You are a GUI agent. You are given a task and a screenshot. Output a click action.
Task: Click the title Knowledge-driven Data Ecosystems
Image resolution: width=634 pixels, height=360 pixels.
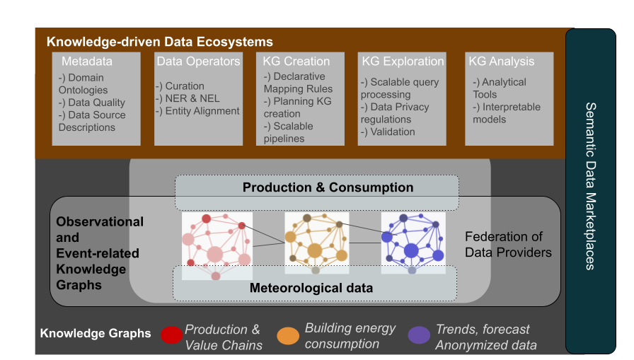[160, 42]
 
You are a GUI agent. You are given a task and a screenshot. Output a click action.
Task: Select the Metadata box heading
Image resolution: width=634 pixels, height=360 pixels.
[87, 62]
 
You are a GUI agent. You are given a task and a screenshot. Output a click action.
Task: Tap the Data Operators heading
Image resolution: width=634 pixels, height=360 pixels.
[199, 62]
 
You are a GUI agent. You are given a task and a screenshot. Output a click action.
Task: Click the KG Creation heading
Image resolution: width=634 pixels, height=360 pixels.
[296, 62]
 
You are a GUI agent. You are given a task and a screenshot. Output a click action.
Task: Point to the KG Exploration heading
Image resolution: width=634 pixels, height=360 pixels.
[403, 62]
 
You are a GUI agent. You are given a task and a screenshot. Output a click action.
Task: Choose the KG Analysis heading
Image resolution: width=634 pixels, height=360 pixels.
[502, 62]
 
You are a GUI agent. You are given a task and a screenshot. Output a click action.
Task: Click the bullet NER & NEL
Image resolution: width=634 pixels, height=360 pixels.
[188, 98]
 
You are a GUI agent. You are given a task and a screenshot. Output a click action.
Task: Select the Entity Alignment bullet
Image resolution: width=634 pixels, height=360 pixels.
[197, 111]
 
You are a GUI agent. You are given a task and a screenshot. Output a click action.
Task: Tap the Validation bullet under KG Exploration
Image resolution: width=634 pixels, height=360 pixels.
[388, 132]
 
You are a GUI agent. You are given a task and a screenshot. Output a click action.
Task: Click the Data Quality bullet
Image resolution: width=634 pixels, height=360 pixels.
[92, 103]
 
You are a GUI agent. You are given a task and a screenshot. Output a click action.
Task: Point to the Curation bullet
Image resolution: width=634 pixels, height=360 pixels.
[180, 86]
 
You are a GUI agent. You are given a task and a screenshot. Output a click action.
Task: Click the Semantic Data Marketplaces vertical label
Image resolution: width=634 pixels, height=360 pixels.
[591, 186]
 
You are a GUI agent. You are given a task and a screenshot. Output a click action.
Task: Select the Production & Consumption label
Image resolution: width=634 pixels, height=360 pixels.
[328, 187]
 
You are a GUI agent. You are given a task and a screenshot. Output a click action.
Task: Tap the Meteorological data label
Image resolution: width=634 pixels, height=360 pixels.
[311, 288]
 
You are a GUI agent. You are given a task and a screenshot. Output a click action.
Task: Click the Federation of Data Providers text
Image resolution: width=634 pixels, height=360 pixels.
[508, 245]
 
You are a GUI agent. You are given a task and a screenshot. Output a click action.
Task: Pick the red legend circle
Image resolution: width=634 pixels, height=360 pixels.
[171, 335]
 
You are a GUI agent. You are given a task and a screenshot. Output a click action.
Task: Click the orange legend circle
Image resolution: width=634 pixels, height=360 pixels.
[288, 336]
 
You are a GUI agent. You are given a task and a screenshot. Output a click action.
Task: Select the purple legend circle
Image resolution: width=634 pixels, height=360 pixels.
[419, 335]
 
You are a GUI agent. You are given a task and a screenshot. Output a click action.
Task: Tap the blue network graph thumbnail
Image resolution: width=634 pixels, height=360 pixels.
[413, 243]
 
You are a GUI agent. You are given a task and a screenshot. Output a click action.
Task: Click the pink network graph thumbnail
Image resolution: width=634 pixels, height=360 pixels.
[217, 246]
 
